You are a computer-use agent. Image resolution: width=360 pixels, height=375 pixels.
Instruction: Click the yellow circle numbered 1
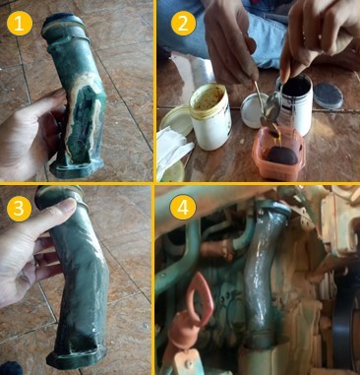point(20,23)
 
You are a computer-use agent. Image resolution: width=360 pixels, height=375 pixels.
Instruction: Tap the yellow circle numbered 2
point(183,23)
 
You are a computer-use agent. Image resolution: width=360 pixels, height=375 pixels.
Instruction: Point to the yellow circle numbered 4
point(183,208)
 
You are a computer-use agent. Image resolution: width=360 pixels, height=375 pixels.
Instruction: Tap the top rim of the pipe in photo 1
point(60,19)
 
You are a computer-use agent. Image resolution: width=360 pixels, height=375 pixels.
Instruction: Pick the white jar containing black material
point(295,102)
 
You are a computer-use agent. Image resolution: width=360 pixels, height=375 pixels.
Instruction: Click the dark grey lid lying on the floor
point(329,95)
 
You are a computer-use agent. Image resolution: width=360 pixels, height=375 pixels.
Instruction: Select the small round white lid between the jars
point(255,110)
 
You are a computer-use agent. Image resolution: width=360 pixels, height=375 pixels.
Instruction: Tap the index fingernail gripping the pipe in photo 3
point(68,206)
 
